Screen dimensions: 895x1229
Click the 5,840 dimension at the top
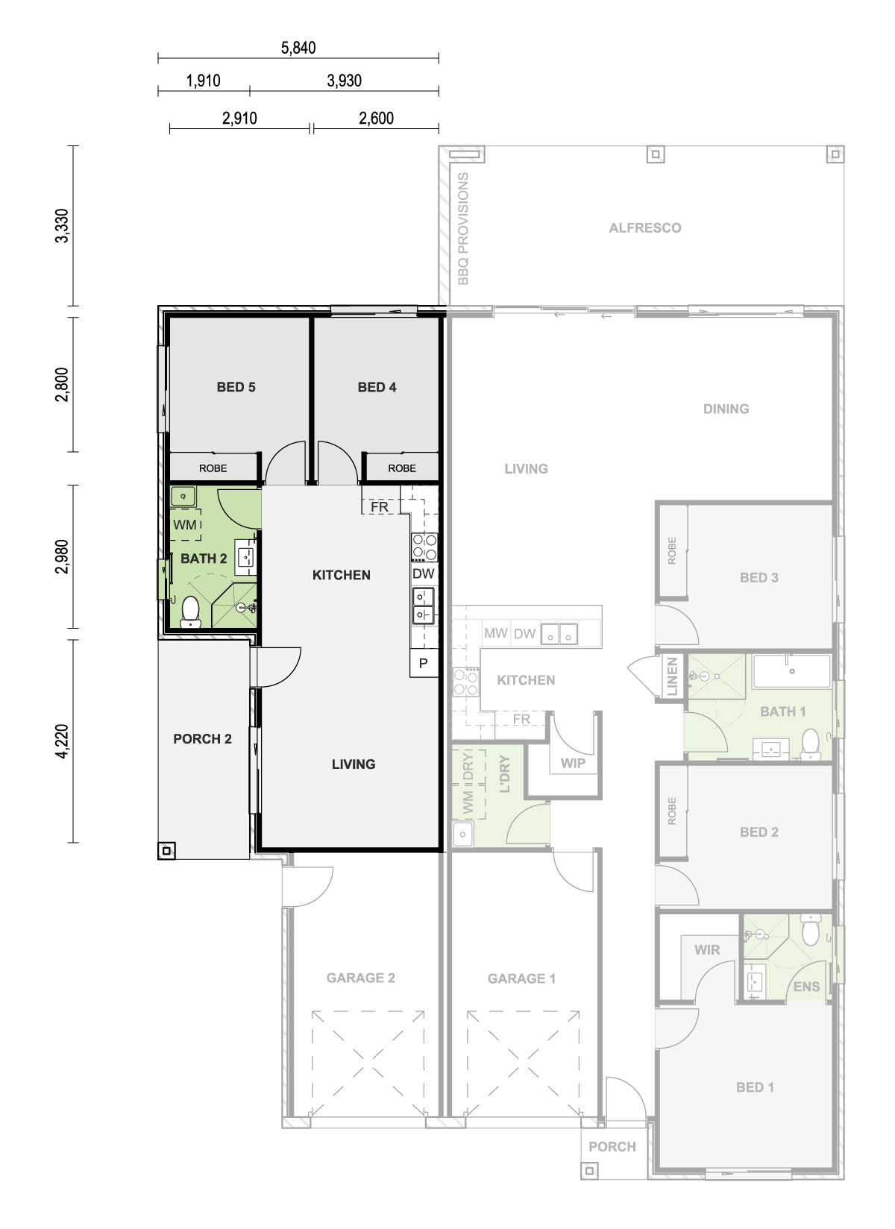click(x=298, y=48)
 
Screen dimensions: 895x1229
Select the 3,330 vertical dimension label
click(x=62, y=225)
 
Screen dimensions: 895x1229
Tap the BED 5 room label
click(x=236, y=387)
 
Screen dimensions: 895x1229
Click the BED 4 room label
click(x=377, y=387)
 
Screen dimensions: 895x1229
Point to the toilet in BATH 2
click(x=190, y=612)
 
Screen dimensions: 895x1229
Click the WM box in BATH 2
click(x=186, y=525)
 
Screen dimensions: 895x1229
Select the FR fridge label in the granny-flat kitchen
click(x=379, y=506)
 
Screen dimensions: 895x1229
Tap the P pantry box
click(x=424, y=663)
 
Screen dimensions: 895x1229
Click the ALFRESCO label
click(x=645, y=227)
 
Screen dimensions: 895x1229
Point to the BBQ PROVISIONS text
click(x=463, y=229)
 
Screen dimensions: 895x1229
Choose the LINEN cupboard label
click(x=672, y=676)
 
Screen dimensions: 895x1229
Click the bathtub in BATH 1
click(x=791, y=670)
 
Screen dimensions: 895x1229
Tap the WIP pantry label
click(x=572, y=763)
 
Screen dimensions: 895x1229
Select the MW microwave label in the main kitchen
click(x=495, y=633)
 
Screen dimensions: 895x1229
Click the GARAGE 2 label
click(x=360, y=978)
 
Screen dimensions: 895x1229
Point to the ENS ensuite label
click(x=806, y=987)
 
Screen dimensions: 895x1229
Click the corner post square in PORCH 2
click(x=166, y=851)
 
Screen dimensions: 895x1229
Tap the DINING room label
click(x=726, y=409)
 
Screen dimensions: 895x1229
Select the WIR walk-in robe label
click(x=707, y=950)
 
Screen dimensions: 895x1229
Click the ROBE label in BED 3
click(x=672, y=551)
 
